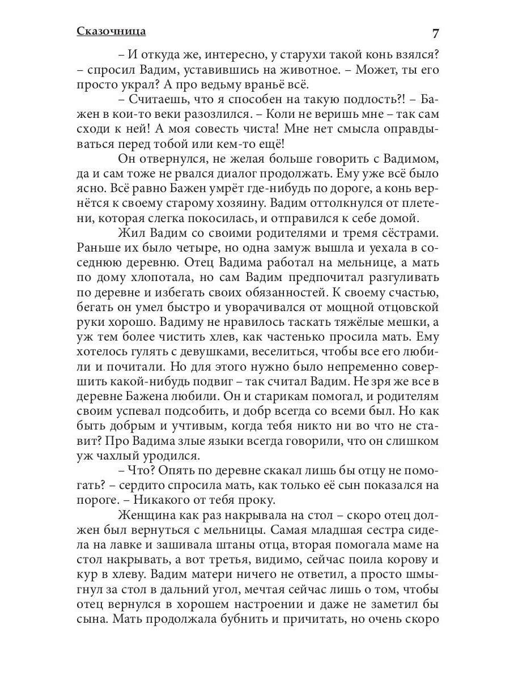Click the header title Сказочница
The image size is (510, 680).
(111, 31)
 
